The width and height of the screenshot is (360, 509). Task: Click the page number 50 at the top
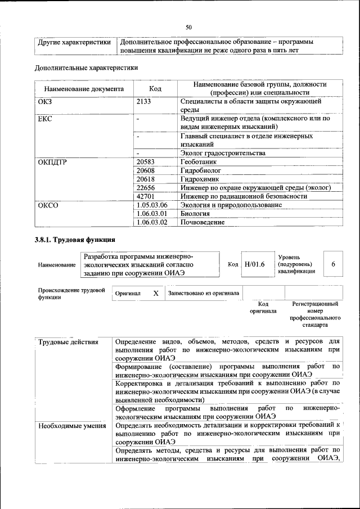tap(188, 27)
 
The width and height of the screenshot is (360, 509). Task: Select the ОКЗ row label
tap(44, 102)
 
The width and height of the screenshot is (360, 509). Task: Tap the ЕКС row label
tap(44, 119)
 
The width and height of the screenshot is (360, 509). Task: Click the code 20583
tap(146, 162)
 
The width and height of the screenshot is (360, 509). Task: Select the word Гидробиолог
tap(201, 170)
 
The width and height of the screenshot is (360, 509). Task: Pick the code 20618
tap(146, 179)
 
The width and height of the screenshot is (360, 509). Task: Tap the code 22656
tap(146, 188)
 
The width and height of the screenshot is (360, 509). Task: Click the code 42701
tap(146, 196)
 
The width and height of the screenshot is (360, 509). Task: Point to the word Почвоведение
tap(202, 222)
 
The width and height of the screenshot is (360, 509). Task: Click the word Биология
tap(195, 214)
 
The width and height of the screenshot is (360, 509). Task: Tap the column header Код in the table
tap(155, 88)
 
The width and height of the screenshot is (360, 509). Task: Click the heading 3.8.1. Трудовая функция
tap(75, 240)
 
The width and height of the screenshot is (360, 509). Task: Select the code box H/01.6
tap(254, 264)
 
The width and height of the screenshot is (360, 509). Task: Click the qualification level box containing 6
tap(333, 264)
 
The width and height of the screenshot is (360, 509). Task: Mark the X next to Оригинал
tap(156, 293)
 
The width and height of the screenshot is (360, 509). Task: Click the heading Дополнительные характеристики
tap(87, 67)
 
